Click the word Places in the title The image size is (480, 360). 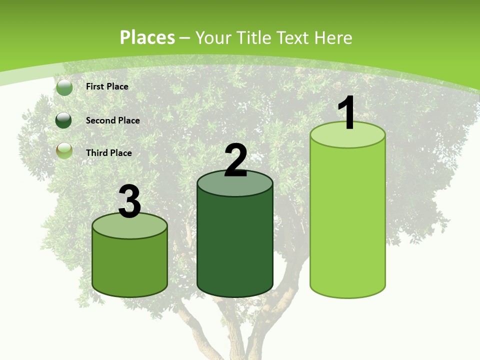click(147, 37)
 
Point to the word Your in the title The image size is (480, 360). click(213, 37)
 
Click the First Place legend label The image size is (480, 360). click(107, 86)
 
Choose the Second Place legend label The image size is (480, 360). click(112, 120)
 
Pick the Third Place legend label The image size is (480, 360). click(108, 153)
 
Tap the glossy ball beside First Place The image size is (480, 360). click(64, 87)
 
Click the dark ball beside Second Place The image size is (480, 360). click(64, 120)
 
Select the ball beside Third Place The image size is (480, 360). click(64, 150)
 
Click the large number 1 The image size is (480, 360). click(347, 113)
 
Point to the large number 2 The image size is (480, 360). click(235, 160)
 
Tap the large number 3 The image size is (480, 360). click(130, 202)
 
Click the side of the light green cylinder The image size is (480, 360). click(348, 220)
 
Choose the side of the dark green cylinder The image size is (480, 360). click(235, 245)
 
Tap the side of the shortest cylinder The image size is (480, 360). click(130, 265)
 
